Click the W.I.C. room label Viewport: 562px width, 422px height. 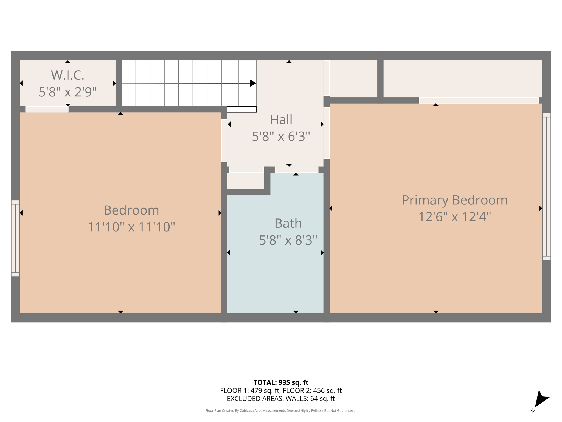[x=68, y=75]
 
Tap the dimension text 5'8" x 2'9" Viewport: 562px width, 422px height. [x=68, y=92]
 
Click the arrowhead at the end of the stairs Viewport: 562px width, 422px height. [x=253, y=83]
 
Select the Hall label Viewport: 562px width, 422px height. [x=281, y=120]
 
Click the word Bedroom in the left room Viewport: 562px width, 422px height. [x=131, y=210]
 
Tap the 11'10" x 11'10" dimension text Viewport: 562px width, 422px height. [x=131, y=227]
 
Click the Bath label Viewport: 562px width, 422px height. [x=288, y=223]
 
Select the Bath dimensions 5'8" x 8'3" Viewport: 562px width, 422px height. [x=288, y=240]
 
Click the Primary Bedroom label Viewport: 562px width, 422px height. [x=454, y=200]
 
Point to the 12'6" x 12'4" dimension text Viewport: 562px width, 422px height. [x=454, y=217]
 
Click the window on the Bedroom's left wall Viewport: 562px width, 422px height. [x=15, y=238]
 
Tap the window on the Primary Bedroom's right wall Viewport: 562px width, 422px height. [x=546, y=187]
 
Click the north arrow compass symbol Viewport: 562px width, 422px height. [x=541, y=400]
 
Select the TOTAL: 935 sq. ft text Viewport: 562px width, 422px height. [x=281, y=382]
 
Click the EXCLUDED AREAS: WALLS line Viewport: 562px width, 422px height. [x=281, y=399]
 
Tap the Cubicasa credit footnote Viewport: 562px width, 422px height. [x=281, y=411]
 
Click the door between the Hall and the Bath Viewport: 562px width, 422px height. [x=296, y=170]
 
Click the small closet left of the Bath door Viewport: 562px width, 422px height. [x=246, y=181]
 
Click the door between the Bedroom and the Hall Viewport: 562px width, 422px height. [x=224, y=141]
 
